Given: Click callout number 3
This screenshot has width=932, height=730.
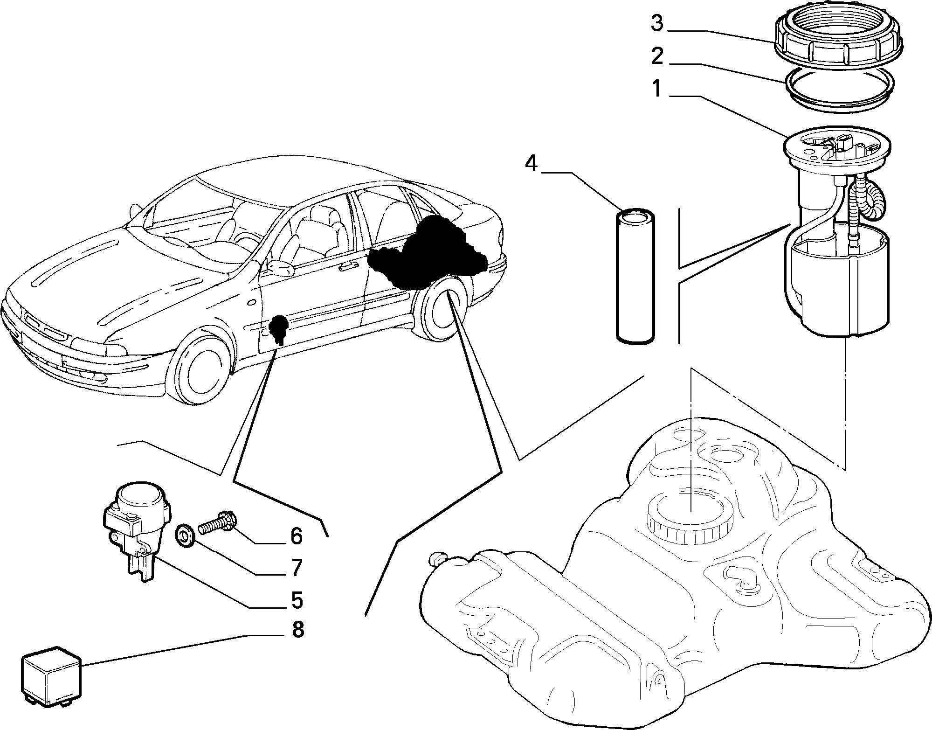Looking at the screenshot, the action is (656, 24).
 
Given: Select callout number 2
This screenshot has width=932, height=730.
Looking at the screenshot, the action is (656, 56).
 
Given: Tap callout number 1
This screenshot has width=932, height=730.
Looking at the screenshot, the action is (656, 89).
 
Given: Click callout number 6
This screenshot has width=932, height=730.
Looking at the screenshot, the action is (297, 536).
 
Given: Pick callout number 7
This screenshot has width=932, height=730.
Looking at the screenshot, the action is (297, 568).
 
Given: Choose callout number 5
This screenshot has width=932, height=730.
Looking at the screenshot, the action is (297, 600).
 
